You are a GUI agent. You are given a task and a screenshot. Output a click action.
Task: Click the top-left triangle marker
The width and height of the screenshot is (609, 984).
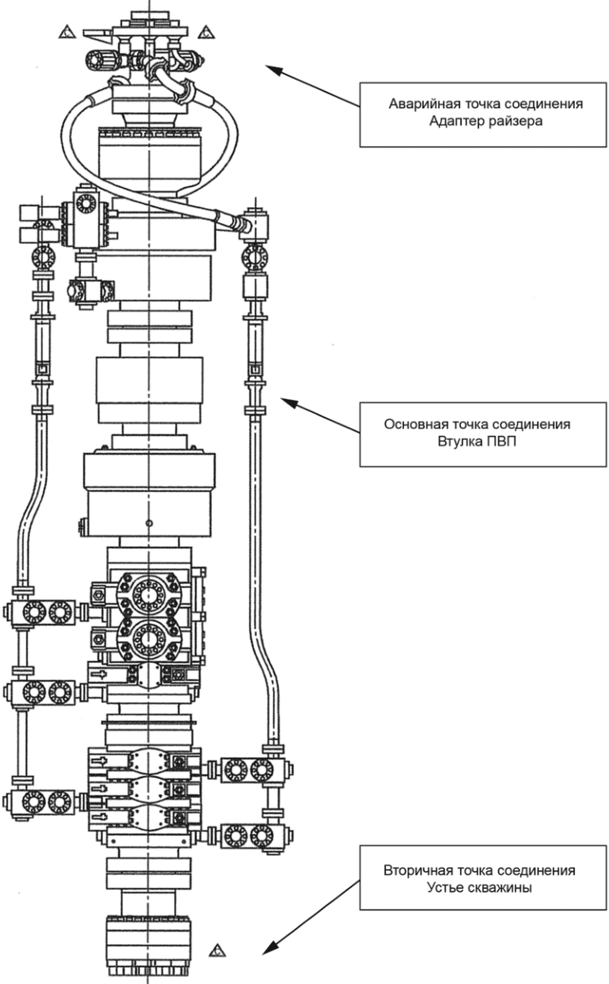(x=67, y=33)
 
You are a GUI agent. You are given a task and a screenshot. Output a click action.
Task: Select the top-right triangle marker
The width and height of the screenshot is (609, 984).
(x=207, y=33)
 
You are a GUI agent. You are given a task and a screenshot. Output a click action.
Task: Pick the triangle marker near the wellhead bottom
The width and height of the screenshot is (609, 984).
(x=217, y=950)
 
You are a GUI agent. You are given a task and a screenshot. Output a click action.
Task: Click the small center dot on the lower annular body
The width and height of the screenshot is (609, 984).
(x=149, y=523)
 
